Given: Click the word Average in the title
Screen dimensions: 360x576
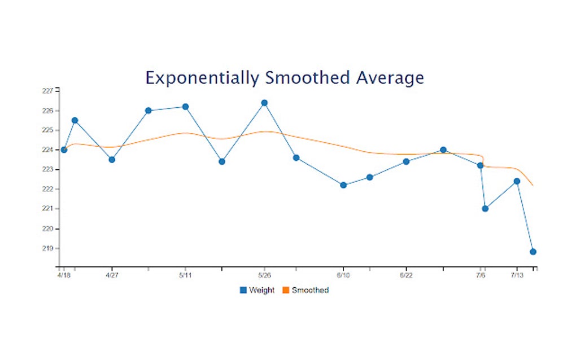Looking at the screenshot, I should click(389, 77).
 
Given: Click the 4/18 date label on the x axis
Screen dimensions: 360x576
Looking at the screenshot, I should click(63, 276).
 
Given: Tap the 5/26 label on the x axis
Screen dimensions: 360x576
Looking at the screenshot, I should click(264, 276).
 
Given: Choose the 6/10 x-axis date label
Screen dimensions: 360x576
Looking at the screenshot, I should click(343, 276).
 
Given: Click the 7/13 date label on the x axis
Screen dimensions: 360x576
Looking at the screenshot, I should click(516, 276).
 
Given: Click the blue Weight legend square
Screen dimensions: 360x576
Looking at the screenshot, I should click(243, 290).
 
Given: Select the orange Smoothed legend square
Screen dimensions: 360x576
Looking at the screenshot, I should click(285, 290).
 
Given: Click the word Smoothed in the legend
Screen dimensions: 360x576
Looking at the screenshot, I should click(310, 290).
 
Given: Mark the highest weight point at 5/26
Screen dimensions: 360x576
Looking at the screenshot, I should click(264, 103).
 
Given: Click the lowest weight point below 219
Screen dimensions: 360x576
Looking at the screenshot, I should click(533, 252).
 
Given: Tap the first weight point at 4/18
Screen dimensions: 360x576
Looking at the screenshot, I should click(64, 150).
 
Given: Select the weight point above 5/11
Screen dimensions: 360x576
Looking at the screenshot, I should click(185, 107).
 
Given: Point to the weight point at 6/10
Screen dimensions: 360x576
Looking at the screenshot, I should click(343, 185).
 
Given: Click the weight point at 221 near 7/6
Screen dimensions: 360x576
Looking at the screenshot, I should click(485, 209).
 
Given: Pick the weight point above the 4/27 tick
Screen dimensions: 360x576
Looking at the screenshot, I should click(112, 160).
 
